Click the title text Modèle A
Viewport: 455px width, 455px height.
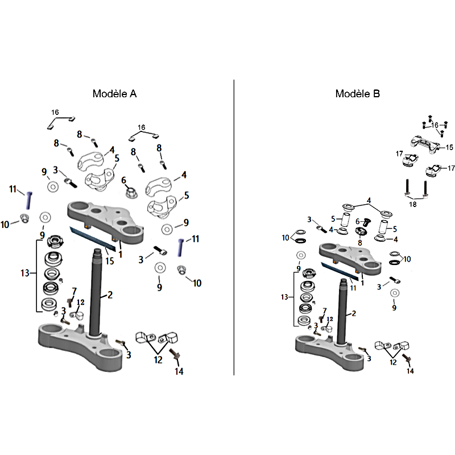coord(114,94)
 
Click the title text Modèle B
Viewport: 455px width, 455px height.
coord(357,94)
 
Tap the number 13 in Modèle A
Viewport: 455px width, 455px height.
coord(25,274)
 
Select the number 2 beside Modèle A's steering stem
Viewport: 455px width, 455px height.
coord(110,295)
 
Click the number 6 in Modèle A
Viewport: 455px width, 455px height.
coord(123,180)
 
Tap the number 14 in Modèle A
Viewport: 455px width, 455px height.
coord(179,372)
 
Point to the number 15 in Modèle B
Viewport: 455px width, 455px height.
coord(449,147)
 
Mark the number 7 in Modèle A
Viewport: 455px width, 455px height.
coord(74,291)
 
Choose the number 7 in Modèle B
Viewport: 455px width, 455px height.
coord(325,311)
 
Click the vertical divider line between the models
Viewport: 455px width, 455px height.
coord(234,227)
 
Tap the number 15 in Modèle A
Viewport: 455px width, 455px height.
coord(110,261)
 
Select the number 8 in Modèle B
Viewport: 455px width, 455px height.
coord(359,242)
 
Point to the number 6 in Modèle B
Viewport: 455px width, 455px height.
coord(357,221)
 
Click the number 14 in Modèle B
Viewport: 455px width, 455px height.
coord(410,371)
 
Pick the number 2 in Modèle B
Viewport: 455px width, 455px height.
coord(354,313)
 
